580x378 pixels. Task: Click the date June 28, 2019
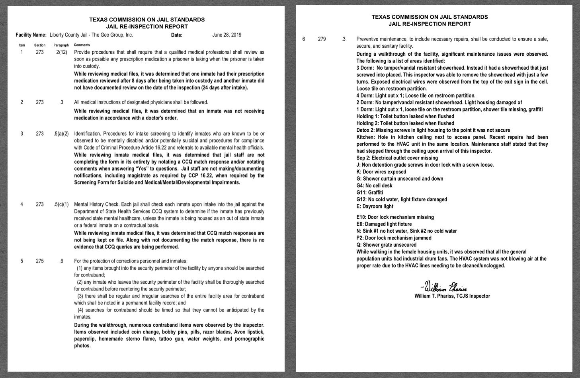[x=227, y=35]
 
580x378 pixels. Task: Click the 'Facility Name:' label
[x=31, y=35]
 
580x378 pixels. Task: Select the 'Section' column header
[x=40, y=45]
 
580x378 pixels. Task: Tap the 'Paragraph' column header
[x=61, y=45]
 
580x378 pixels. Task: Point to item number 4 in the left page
[x=21, y=205]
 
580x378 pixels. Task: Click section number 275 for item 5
[x=40, y=261]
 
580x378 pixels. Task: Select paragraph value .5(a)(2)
[x=61, y=134]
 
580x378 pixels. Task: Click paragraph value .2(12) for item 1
[x=61, y=52]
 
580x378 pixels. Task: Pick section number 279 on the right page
[x=322, y=39]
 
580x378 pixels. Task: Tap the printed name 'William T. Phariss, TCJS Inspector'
[x=452, y=296]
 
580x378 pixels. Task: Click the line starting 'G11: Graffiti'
[x=369, y=193]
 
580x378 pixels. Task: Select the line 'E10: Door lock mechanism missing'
[x=395, y=217]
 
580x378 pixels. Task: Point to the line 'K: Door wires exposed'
[x=381, y=172]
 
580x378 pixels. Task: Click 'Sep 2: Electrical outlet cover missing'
[x=397, y=158]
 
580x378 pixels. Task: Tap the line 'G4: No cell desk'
[x=374, y=186]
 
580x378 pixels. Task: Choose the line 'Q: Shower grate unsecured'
[x=386, y=245]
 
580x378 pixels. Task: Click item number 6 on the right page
[x=304, y=39]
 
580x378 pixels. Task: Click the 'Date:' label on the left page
[x=176, y=35]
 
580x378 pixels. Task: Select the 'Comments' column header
[x=82, y=45]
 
